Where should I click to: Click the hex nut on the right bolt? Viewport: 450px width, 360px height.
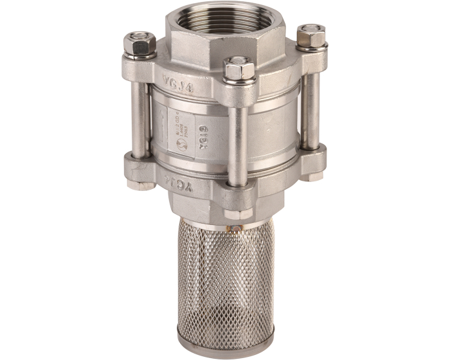(310, 35)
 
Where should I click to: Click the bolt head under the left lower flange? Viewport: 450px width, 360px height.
(136, 184)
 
